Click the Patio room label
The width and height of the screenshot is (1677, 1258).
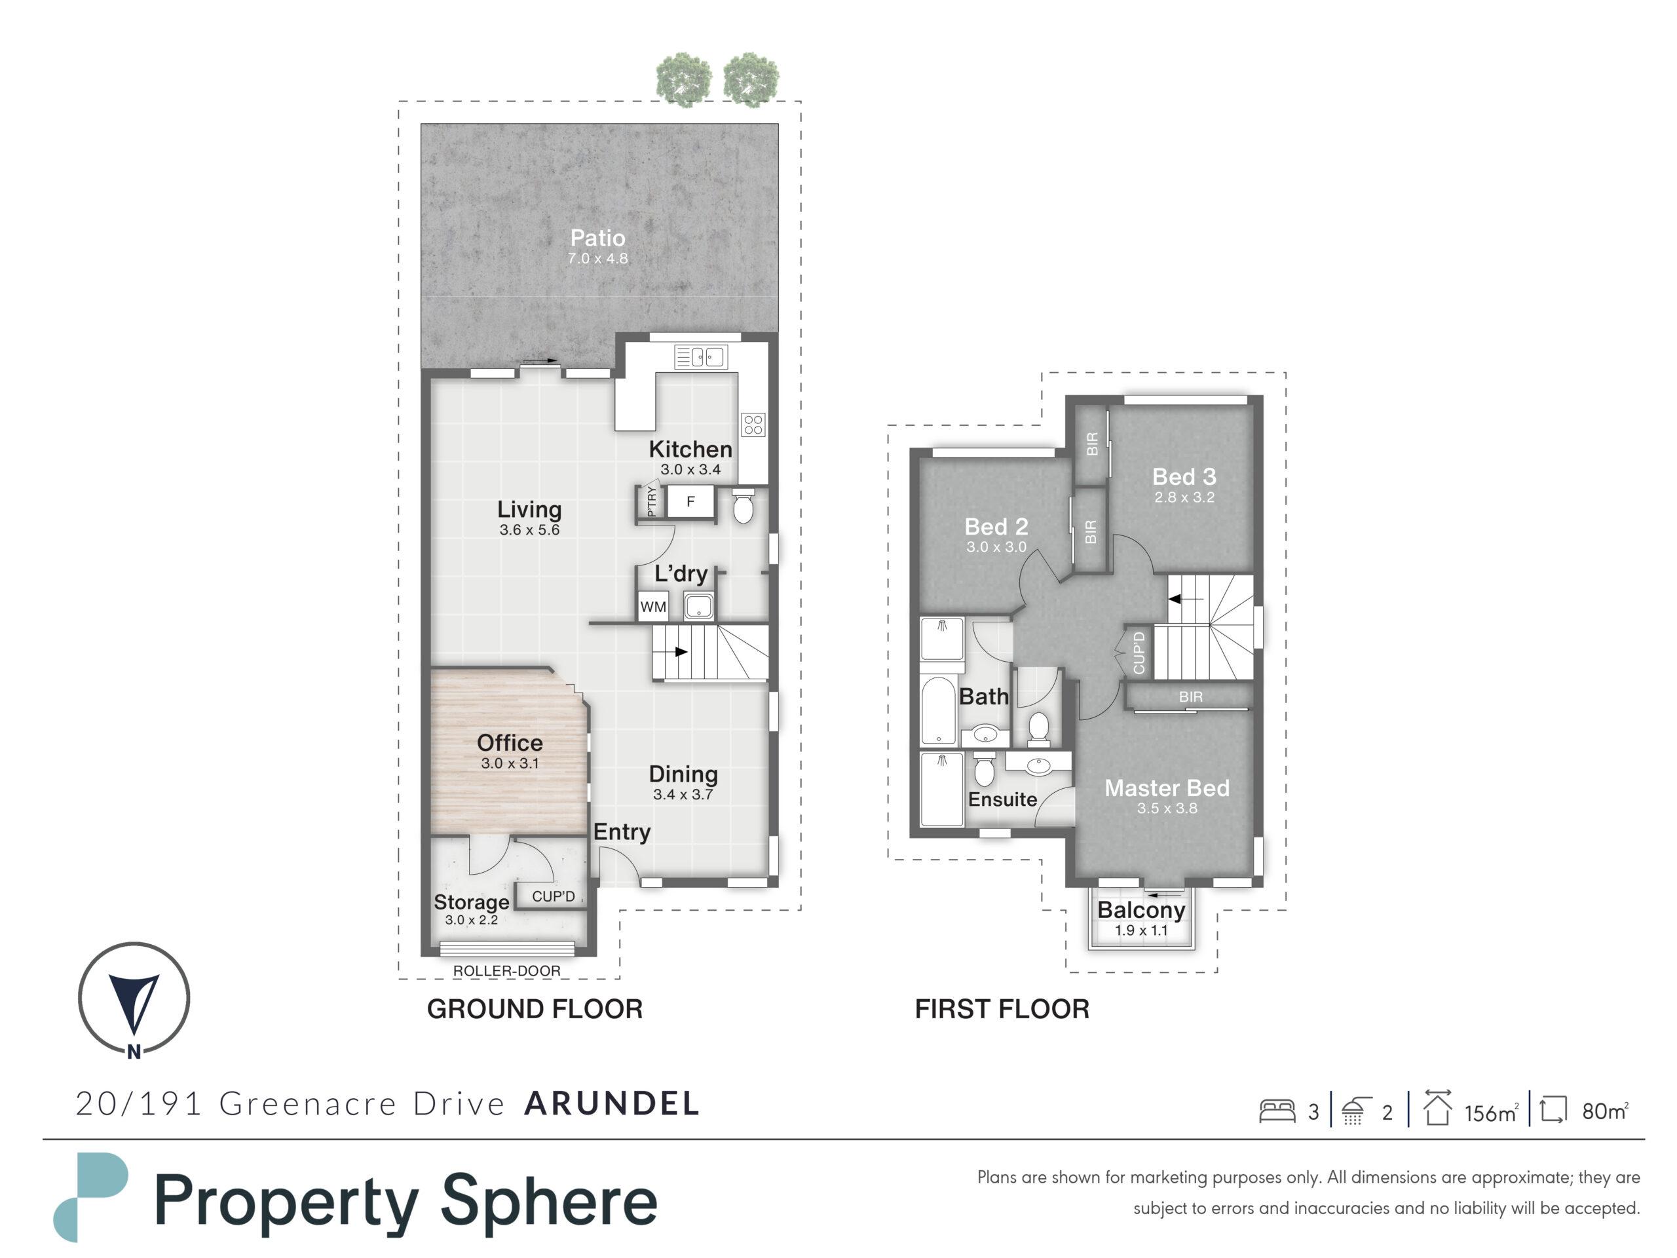(x=597, y=238)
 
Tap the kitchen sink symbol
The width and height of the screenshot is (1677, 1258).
(x=702, y=356)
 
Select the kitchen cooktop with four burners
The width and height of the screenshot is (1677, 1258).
(x=753, y=425)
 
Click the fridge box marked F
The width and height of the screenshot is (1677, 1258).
(x=690, y=501)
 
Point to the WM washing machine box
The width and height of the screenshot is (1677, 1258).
(x=652, y=607)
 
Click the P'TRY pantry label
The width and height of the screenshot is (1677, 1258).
(x=652, y=501)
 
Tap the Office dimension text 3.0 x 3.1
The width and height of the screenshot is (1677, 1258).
(x=510, y=763)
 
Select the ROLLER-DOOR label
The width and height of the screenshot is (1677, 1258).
(x=506, y=970)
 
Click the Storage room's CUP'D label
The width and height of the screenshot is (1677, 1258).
(x=554, y=896)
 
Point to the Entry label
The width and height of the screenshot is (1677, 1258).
(x=622, y=832)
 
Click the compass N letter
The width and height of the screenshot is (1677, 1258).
(x=134, y=1051)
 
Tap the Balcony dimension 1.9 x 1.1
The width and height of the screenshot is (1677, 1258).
(x=1141, y=930)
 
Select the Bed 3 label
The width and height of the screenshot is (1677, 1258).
(x=1184, y=476)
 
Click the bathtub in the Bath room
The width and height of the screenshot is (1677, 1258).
(x=939, y=710)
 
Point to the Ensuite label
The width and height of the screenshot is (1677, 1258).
(x=1002, y=799)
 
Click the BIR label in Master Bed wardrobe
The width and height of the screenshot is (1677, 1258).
(x=1190, y=696)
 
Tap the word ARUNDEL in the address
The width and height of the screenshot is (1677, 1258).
(x=612, y=1103)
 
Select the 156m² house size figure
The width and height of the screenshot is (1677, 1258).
(x=1491, y=1113)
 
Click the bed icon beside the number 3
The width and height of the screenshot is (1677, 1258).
(x=1277, y=1111)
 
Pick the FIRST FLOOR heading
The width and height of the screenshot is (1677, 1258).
(x=1002, y=1009)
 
